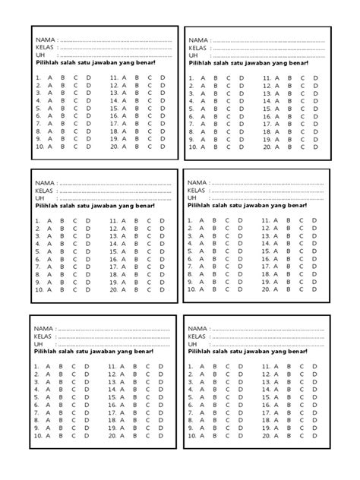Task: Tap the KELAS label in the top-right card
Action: tap(197, 48)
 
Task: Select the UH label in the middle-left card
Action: tap(40, 199)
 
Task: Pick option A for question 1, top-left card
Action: tap(49, 77)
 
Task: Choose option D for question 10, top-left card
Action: tap(88, 147)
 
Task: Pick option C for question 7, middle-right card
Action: tap(228, 267)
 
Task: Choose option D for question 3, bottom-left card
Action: tap(87, 381)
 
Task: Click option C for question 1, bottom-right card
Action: tap(228, 367)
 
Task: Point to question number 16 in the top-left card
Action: tap(114, 116)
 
